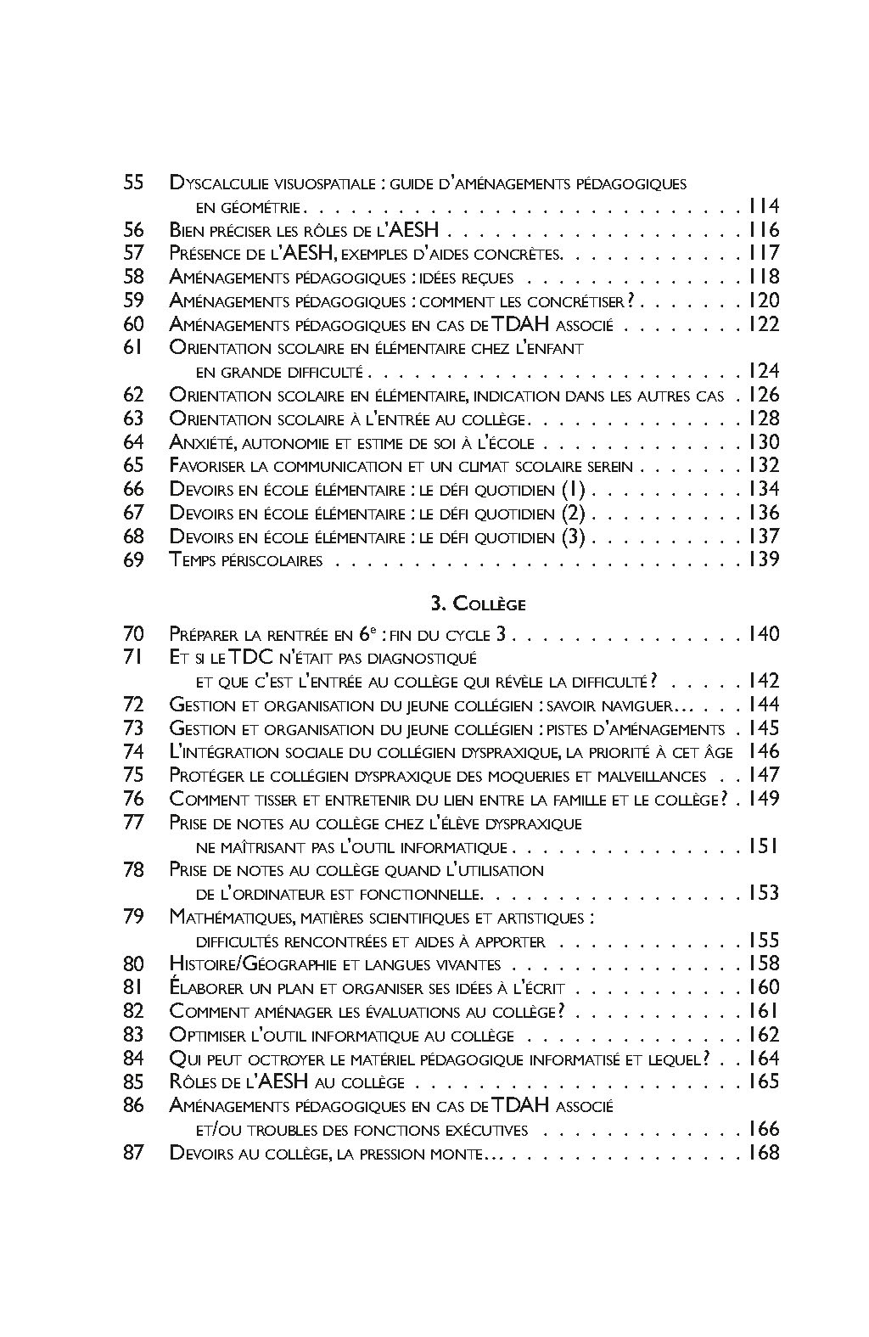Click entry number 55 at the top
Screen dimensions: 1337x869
[134, 183]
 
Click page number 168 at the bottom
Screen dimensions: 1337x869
[762, 1153]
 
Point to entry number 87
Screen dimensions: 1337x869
[134, 1153]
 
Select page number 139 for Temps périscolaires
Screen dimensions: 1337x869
[762, 559]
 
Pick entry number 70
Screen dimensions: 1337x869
[134, 634]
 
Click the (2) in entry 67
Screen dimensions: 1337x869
[574, 513]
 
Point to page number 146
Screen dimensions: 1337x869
[762, 751]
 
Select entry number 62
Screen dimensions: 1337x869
[134, 395]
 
